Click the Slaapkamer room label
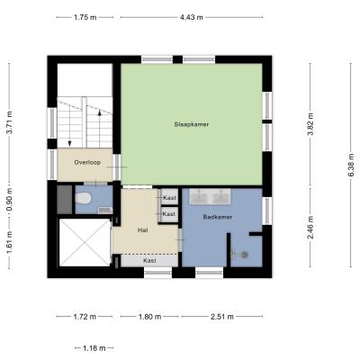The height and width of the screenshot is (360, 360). (x=192, y=124)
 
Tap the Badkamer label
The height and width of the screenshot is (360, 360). (x=218, y=217)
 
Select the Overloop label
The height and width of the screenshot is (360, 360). (x=87, y=162)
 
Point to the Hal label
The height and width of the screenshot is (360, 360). (x=142, y=230)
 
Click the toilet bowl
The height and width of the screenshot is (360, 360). (x=83, y=198)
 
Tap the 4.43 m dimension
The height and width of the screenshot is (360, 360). (x=192, y=17)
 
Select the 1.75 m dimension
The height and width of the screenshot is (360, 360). (x=85, y=17)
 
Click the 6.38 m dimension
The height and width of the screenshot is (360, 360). (x=351, y=165)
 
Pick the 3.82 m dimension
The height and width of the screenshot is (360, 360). (x=310, y=124)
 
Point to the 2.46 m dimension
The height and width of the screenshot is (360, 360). (x=310, y=227)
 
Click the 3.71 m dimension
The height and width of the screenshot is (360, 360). (x=10, y=122)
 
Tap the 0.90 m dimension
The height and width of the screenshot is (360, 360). (x=10, y=200)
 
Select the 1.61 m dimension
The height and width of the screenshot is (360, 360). (x=10, y=242)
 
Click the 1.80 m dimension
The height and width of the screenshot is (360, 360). (x=149, y=317)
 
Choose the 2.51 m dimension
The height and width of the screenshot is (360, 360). (x=222, y=317)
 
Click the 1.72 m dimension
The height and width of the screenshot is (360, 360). (x=85, y=317)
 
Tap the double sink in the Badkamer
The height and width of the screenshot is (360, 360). (x=210, y=196)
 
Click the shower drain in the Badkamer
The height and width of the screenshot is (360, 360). (x=245, y=255)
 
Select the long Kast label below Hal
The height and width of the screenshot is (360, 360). (x=149, y=260)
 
